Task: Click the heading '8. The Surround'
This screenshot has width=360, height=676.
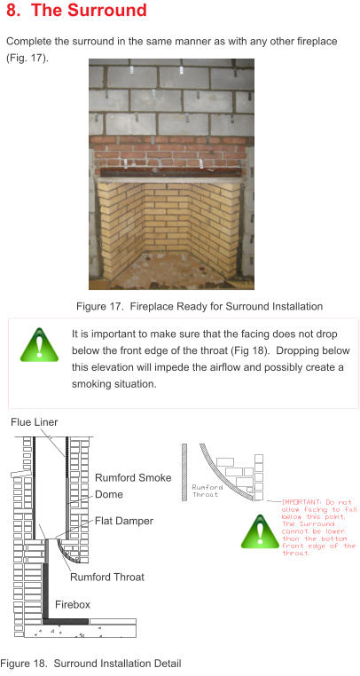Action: [77, 12]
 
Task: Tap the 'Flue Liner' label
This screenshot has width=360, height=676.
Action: [35, 422]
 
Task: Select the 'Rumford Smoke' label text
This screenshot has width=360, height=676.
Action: [133, 478]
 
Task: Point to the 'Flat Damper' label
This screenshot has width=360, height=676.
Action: [124, 521]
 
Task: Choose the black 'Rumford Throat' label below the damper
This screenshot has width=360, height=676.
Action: [107, 577]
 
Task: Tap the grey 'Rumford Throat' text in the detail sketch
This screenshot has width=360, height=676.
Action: [205, 491]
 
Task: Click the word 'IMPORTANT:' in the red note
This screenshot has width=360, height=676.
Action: [301, 501]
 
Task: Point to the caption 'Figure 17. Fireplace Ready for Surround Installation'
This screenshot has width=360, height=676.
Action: [199, 307]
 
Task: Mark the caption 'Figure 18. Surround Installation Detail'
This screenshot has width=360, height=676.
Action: [90, 664]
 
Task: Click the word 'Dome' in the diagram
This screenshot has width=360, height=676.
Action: [109, 494]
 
